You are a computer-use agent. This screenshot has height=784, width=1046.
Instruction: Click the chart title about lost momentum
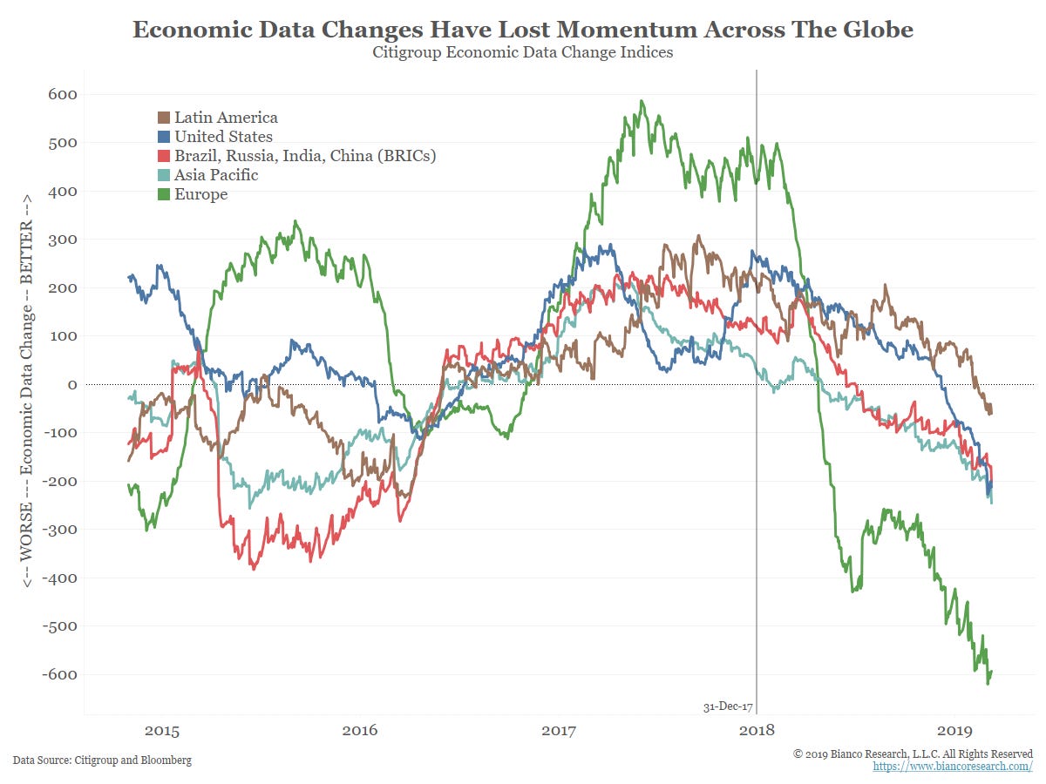(x=523, y=30)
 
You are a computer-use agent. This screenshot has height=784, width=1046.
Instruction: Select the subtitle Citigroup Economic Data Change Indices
(x=523, y=53)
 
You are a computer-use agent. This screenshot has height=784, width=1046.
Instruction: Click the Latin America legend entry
(x=225, y=118)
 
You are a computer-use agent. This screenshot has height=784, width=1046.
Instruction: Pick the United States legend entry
(x=222, y=137)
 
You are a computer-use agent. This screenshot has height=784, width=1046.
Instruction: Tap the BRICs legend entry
(x=304, y=156)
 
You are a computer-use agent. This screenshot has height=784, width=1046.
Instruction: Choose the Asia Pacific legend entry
(x=215, y=175)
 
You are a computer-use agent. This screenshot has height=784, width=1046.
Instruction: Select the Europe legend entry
(x=200, y=194)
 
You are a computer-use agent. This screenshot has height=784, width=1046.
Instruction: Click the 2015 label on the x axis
(x=162, y=730)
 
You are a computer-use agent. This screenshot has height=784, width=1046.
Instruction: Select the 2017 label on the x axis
(x=559, y=730)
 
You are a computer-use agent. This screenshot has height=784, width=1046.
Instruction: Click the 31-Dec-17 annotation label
(x=728, y=706)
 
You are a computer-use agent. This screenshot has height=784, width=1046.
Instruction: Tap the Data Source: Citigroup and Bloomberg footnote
(x=102, y=760)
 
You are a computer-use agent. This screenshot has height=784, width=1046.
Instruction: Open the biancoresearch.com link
(x=953, y=766)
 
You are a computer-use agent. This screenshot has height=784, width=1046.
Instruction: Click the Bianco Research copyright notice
(x=913, y=753)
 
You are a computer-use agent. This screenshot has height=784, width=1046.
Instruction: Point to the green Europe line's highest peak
(x=642, y=101)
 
